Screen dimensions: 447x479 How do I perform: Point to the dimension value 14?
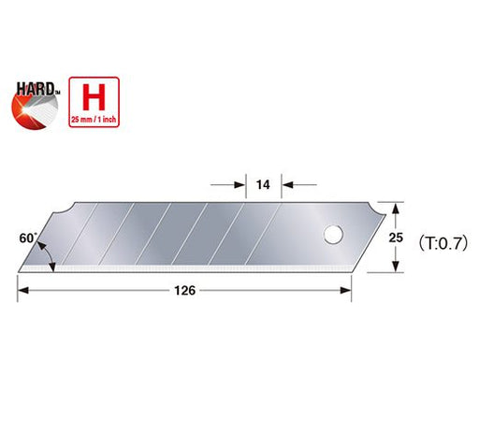264,183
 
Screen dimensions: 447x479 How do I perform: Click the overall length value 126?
184,291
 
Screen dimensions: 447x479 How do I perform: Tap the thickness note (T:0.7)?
433,238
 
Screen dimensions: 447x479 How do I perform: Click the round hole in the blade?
330,234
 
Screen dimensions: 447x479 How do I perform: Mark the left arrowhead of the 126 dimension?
23,291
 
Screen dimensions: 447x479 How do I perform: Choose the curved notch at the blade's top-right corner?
375,208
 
